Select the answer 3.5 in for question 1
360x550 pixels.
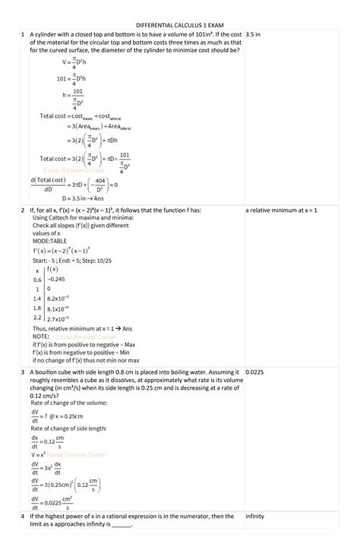[254, 34]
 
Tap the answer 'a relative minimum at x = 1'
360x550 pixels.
[282, 209]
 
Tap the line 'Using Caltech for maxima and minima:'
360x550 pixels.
[83, 217]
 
